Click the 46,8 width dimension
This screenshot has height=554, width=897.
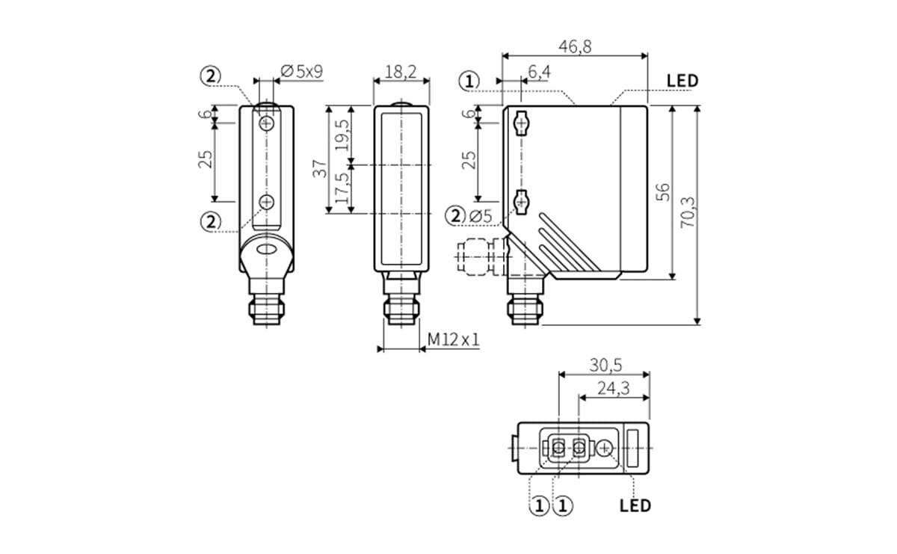click(x=575, y=46)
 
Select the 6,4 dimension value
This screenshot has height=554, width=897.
click(x=539, y=72)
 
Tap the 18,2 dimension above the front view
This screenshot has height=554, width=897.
click(x=401, y=72)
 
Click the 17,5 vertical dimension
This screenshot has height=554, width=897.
click(x=342, y=189)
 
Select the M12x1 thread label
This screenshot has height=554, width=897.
click(x=453, y=340)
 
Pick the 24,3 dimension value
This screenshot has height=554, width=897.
click(x=614, y=388)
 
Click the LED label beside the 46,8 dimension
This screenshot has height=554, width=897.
click(x=682, y=81)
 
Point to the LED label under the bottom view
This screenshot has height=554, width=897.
click(x=635, y=505)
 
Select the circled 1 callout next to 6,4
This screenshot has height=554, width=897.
click(x=469, y=81)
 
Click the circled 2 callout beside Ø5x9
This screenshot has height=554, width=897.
click(x=212, y=76)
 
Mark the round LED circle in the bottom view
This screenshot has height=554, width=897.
click(x=605, y=448)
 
